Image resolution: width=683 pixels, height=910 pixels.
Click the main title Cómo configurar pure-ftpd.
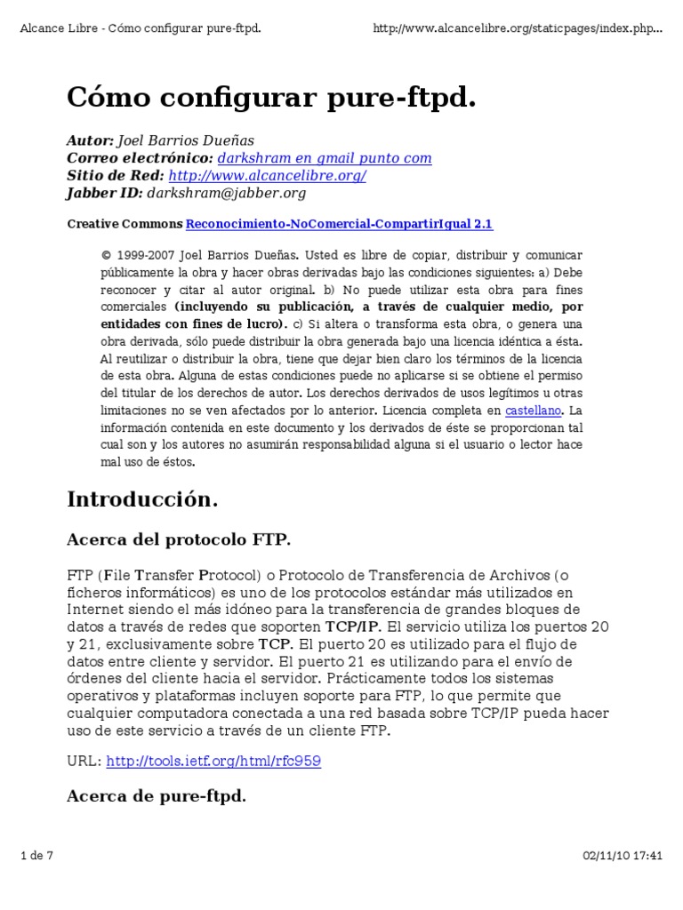(x=271, y=99)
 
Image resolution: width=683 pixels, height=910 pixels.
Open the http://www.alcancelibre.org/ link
(x=267, y=175)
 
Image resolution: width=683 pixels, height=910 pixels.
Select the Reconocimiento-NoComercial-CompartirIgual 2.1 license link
(x=339, y=224)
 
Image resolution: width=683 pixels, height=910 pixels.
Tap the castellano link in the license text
(x=534, y=411)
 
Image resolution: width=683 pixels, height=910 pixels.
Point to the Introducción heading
(x=142, y=499)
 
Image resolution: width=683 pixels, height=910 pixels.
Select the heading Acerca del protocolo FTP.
(x=179, y=539)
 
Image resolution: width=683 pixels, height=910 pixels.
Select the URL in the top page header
(x=518, y=28)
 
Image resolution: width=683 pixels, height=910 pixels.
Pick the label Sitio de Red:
(x=116, y=175)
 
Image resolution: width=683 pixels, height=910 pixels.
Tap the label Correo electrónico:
(x=140, y=158)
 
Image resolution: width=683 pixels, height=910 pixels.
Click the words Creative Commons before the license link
(x=125, y=224)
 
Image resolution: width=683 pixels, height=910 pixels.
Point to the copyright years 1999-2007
(x=146, y=254)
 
